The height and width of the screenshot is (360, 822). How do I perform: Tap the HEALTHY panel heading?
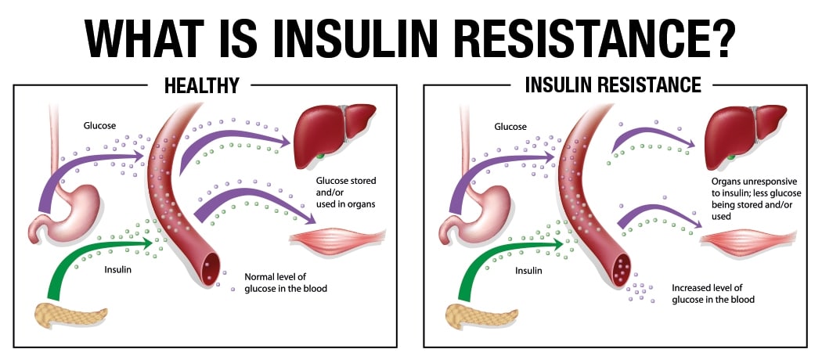202,85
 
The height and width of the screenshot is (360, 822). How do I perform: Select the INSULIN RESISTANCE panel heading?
613,85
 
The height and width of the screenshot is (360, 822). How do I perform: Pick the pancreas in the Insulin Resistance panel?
481,316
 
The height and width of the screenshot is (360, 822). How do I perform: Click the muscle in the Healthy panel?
337,239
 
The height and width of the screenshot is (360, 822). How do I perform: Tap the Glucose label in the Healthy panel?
99,126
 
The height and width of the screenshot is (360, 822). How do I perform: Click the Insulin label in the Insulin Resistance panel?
528,271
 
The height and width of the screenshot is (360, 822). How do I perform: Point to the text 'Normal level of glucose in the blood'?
286,283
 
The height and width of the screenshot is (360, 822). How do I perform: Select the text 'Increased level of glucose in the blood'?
713,294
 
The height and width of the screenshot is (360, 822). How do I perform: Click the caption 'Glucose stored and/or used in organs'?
345,193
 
